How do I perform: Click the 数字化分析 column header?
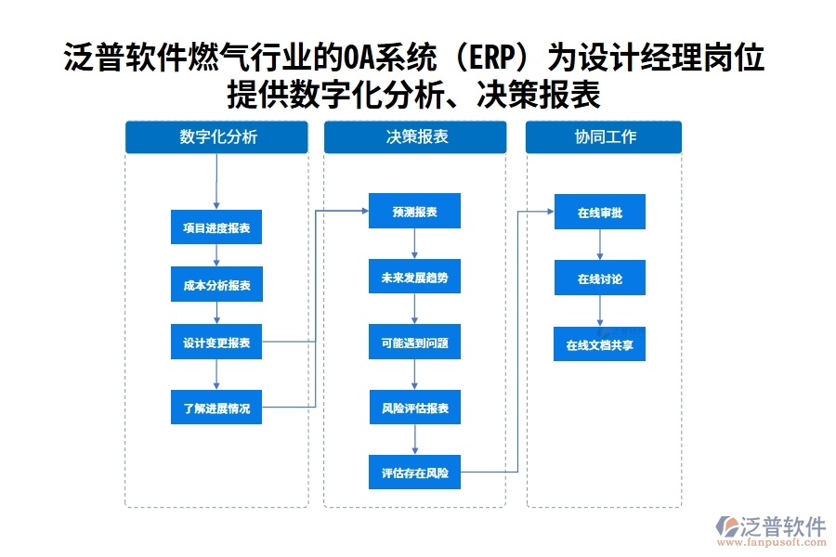coord(216,136)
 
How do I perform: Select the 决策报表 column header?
coord(415,136)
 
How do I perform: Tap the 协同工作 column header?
coord(604,136)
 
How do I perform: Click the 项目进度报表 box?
coord(216,227)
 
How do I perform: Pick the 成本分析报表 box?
coord(216,285)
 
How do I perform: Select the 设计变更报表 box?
coord(216,343)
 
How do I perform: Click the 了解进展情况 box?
coord(216,408)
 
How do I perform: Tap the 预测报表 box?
coord(414,212)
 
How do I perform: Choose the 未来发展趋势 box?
coord(414,277)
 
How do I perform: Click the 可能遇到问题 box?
coord(414,343)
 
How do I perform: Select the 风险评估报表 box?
coord(414,408)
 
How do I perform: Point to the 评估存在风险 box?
coord(414,473)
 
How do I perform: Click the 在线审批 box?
coord(599,213)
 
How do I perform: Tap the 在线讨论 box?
coord(599,278)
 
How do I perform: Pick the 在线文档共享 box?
coord(599,344)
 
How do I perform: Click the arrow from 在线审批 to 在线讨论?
coord(599,245)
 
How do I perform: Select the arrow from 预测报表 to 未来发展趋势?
coord(414,244)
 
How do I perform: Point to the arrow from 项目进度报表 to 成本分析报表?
coord(216,256)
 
